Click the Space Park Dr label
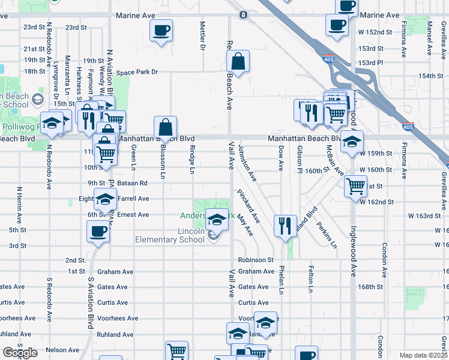[137, 72]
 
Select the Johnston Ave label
[248, 163]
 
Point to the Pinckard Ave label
[247, 204]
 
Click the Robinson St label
[256, 260]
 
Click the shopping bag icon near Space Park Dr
[238, 61]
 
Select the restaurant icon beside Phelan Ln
[285, 226]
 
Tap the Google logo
[20, 353]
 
